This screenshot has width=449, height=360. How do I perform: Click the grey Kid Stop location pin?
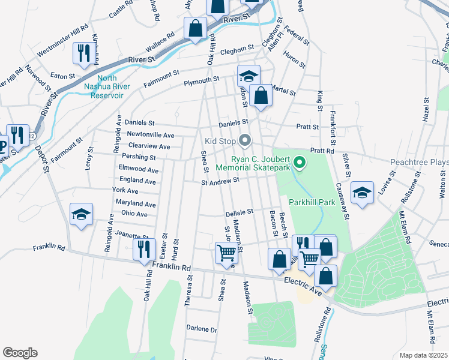pyautogui.click(x=244, y=140)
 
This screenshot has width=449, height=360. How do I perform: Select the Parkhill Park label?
pyautogui.click(x=312, y=202)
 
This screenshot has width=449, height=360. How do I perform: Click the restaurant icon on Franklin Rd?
pyautogui.click(x=143, y=248)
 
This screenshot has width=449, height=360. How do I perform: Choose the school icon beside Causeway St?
pyautogui.click(x=362, y=192)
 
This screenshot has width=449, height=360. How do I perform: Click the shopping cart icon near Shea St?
pyautogui.click(x=226, y=253)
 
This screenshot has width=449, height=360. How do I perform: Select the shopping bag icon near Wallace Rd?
pyautogui.click(x=195, y=28)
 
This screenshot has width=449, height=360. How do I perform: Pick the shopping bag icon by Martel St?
pyautogui.click(x=261, y=95)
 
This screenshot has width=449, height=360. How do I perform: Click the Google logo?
pyautogui.click(x=20, y=353)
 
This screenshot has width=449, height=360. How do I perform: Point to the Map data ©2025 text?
pyautogui.click(x=423, y=355)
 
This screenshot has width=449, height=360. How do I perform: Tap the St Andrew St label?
pyautogui.click(x=220, y=179)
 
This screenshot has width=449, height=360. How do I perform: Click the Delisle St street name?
pyautogui.click(x=240, y=212)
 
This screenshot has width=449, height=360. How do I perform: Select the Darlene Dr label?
pyautogui.click(x=201, y=329)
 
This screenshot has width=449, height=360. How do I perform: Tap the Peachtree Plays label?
pyautogui.click(x=419, y=162)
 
